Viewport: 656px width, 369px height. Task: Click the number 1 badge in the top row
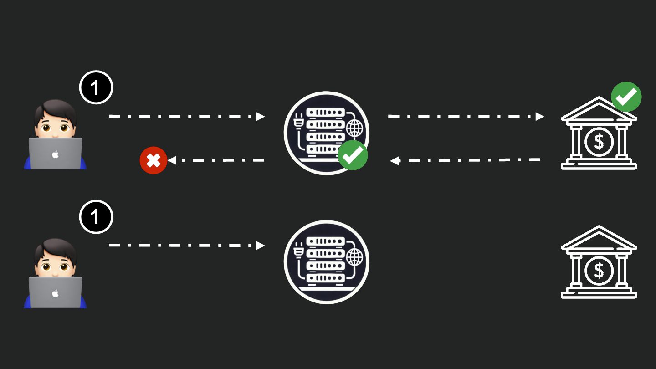(96, 87)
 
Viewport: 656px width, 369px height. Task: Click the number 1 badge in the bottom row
(96, 216)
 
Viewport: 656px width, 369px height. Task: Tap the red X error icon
(154, 160)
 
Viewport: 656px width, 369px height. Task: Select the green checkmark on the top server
(353, 155)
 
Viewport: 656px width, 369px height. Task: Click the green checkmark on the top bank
(626, 97)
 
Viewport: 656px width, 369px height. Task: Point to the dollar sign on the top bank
(599, 142)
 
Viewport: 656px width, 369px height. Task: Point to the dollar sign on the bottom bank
(599, 271)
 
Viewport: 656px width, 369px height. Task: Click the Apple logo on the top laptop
(55, 154)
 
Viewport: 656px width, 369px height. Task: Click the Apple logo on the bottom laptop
(55, 293)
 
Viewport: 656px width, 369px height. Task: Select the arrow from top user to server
(187, 117)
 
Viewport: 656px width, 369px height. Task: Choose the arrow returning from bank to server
(465, 160)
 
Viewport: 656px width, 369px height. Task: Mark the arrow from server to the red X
(216, 160)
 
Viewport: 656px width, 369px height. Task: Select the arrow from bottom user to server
(187, 246)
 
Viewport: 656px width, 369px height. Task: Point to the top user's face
(55, 126)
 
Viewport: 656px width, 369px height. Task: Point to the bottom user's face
(55, 265)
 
